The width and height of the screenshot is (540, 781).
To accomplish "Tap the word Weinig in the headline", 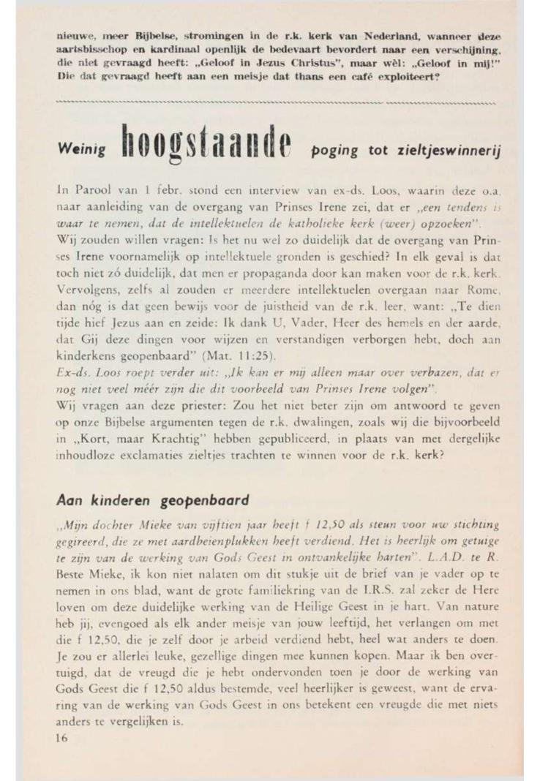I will click(79, 148).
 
